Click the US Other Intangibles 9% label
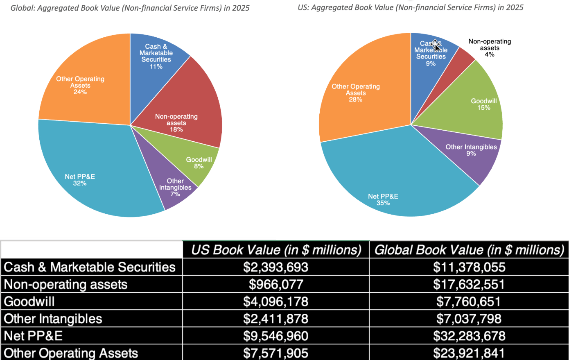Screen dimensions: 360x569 coord(471,150)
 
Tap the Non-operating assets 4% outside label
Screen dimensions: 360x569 coord(490,48)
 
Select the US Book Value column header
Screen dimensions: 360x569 coord(276,250)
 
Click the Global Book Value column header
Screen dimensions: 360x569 coord(469,250)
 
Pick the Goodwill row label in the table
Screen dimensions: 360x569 coord(29,301)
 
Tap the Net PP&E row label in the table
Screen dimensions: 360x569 coord(33,336)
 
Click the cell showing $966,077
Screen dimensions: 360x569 coord(276,284)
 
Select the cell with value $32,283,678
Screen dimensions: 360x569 coord(469,336)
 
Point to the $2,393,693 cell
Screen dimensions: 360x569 coord(276,267)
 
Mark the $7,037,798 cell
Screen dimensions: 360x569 coord(469,319)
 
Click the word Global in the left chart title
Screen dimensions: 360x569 coord(22,8)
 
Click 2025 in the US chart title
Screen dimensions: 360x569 coord(514,7)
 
